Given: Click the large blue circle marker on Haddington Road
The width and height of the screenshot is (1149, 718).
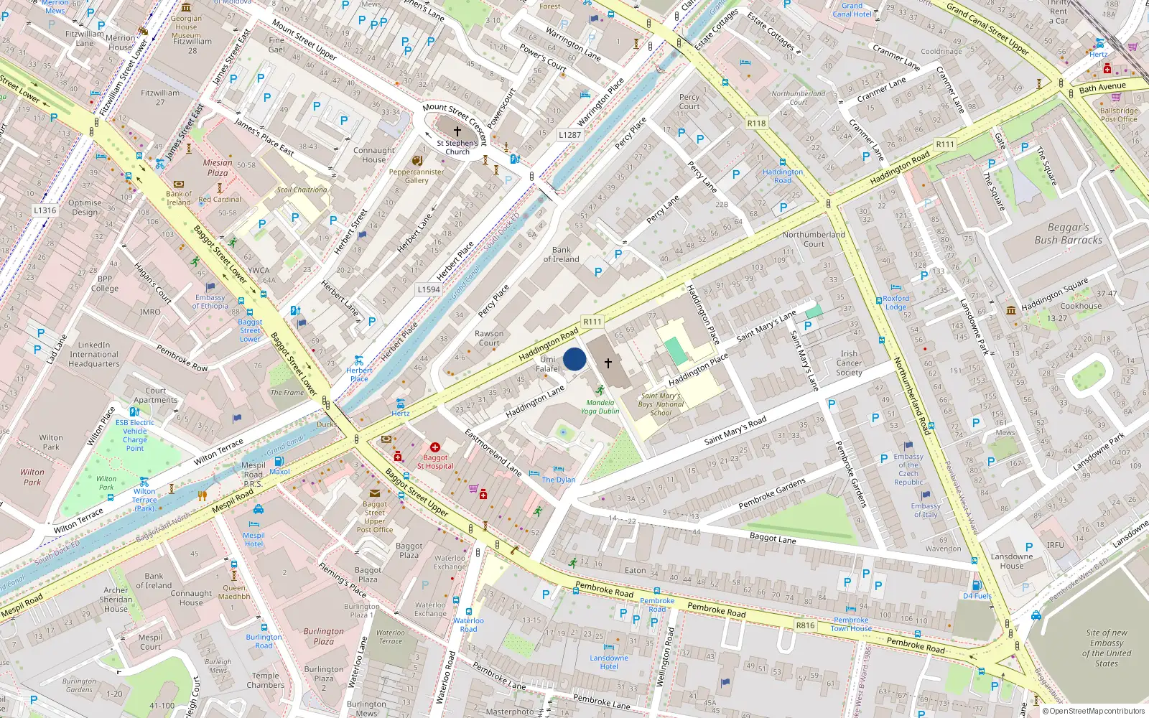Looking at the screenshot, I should point(574,359).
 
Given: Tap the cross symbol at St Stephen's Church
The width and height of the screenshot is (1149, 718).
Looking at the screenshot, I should point(457,131).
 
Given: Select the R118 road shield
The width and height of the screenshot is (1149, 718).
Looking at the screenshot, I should point(756,123).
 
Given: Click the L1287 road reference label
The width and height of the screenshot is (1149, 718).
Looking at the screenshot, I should point(569,135).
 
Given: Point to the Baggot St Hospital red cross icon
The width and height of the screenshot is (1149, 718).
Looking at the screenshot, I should point(435,447).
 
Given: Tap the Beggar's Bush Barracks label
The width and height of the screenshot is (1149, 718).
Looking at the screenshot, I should point(1068,234).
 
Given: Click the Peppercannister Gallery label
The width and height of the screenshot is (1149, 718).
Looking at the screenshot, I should point(417,176).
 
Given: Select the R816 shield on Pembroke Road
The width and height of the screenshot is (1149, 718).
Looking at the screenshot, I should point(805,625).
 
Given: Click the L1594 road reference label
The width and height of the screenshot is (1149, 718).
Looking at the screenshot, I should point(429,289).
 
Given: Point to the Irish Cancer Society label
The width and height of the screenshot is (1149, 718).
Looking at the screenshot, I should point(849,363).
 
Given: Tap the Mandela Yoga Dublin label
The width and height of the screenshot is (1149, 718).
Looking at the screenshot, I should point(600,406).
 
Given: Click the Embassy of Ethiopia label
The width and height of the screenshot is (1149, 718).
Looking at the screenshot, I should point(210,302).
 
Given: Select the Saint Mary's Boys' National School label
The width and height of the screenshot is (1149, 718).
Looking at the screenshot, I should point(661,404).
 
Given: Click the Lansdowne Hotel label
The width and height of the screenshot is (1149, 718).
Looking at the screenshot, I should point(609,662).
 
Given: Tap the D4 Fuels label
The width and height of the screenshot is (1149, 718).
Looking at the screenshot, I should point(977,596).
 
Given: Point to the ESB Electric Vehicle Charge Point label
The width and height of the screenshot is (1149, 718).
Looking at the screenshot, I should point(135,435).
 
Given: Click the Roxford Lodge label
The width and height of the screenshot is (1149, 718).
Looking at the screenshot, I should point(896,302).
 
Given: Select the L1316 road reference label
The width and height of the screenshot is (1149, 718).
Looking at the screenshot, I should point(45,210).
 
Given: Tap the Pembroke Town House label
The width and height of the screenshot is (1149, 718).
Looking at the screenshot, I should point(851,624).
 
